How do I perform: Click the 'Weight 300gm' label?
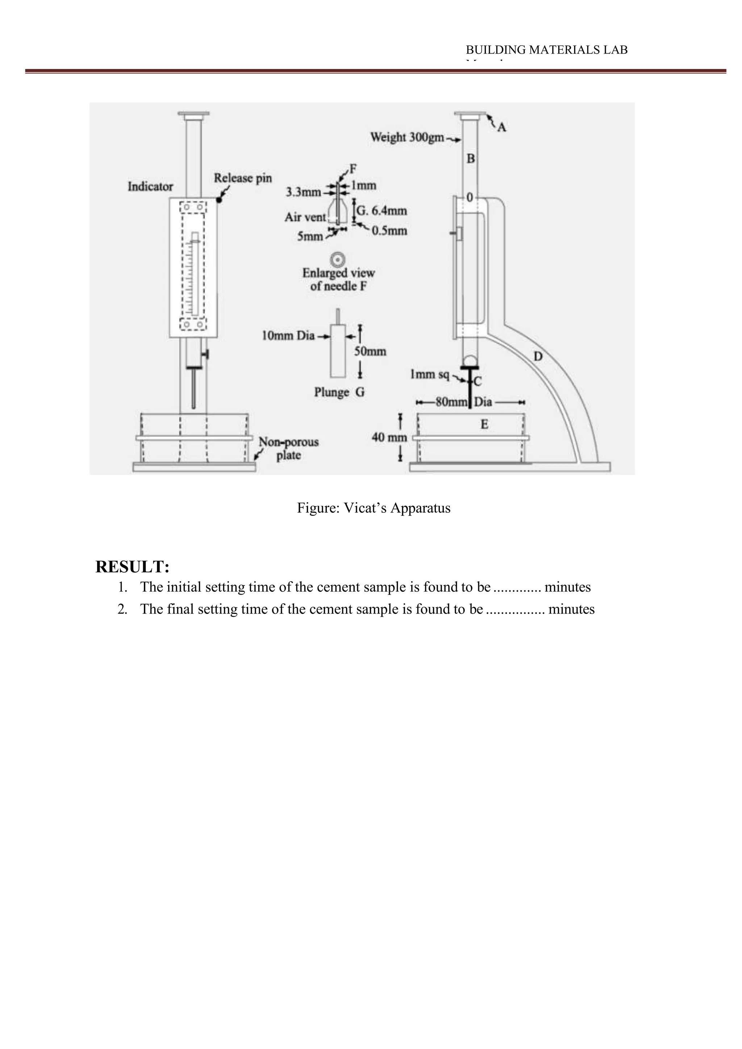[x=407, y=137]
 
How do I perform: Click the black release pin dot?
[x=219, y=200]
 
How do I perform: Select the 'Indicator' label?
[x=150, y=186]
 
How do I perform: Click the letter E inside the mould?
[x=484, y=424]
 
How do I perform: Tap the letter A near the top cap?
[x=502, y=127]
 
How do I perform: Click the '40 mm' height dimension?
[x=389, y=437]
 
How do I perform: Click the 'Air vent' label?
[x=305, y=217]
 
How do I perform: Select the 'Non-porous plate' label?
[x=288, y=448]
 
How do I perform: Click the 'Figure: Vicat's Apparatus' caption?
[x=373, y=508]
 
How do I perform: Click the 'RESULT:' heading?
[x=133, y=567]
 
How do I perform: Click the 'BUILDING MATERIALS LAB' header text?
[x=546, y=50]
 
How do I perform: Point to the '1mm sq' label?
[x=429, y=375]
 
